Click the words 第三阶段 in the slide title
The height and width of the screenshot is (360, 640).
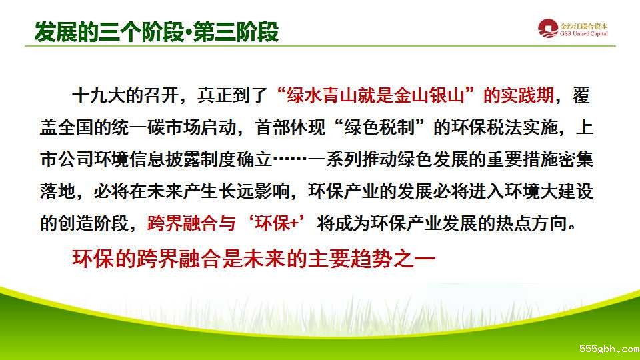coord(236,31)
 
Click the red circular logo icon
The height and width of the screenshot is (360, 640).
coord(548,29)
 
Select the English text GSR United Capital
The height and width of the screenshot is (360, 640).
coord(584,34)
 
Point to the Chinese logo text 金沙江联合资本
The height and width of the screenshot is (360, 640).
coord(584,26)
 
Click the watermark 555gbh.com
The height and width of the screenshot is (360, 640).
coord(609,349)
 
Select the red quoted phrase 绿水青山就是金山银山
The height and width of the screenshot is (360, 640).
coord(375,95)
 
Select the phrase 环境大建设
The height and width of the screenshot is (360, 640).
coord(549,191)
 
